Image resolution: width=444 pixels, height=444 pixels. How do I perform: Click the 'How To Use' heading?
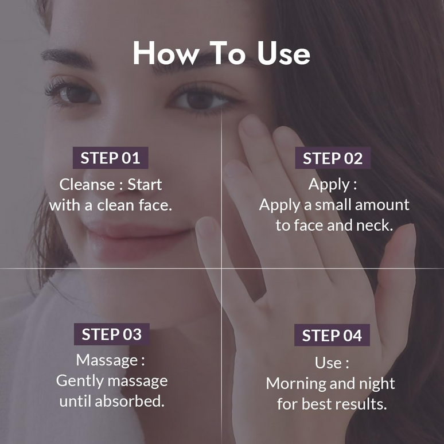click(x=221, y=53)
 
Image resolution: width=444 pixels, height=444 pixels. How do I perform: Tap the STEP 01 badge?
click(x=110, y=158)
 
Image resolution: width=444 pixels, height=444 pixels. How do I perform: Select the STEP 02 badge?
click(x=333, y=159)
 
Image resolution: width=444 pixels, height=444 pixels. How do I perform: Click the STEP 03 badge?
click(x=111, y=334)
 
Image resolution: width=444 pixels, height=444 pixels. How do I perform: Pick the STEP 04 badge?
click(x=332, y=336)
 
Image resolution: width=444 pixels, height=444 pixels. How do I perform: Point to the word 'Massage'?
click(x=107, y=361)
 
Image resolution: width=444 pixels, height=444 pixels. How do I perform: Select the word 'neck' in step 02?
click(x=373, y=225)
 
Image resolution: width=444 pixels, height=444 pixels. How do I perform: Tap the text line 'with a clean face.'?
click(x=111, y=205)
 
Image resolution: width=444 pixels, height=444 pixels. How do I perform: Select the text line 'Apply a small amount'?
click(x=334, y=205)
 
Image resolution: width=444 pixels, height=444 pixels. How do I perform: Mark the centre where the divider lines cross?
click(x=222, y=268)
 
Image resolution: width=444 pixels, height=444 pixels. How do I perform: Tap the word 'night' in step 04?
click(x=375, y=383)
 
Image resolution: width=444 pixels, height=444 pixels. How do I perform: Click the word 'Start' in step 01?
click(x=145, y=185)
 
